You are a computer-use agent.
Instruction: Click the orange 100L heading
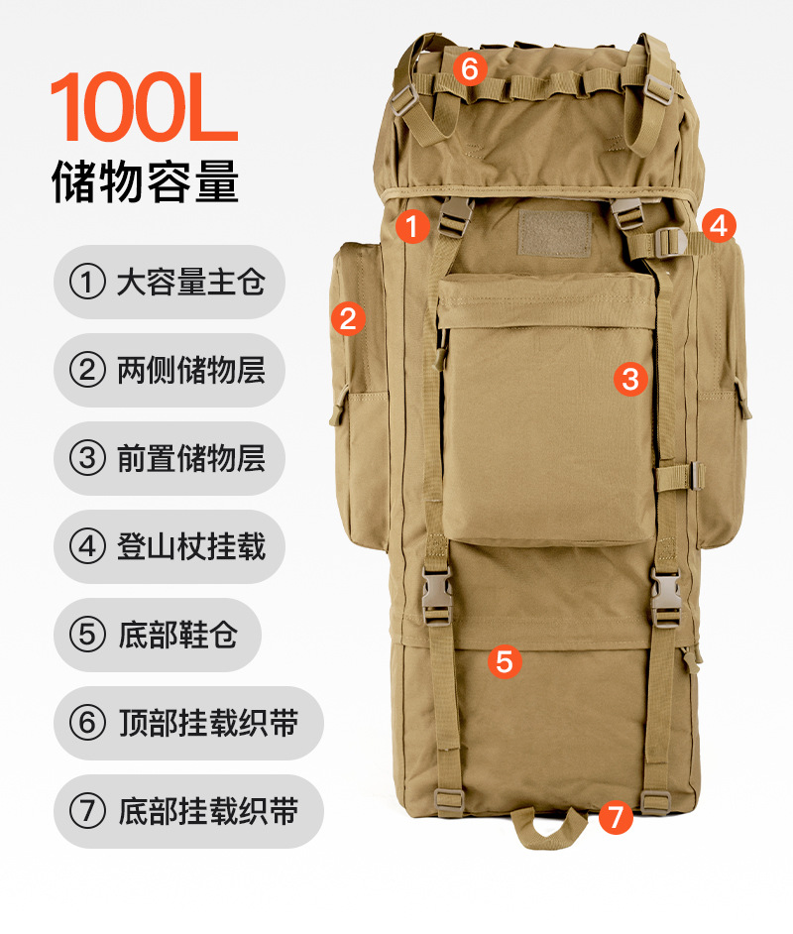(144, 107)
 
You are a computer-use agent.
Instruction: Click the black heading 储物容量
(146, 181)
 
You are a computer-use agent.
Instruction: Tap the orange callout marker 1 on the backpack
(412, 226)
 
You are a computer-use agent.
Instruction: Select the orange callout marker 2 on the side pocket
(348, 317)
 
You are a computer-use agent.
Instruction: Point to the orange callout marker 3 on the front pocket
(630, 379)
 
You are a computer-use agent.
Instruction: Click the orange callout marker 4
(719, 226)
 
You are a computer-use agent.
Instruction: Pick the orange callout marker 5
(505, 661)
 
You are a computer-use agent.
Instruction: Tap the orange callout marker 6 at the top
(470, 68)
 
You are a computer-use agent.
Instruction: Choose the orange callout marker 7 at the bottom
(615, 816)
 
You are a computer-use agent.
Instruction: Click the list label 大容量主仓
(191, 282)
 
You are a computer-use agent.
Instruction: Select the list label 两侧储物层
(191, 370)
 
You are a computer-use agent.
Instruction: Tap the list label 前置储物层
(191, 458)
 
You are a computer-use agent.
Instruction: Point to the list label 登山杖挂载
(191, 546)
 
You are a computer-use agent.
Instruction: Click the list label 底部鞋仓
(178, 635)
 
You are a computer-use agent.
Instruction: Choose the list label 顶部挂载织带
(208, 723)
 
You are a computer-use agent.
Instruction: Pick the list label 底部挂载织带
(208, 811)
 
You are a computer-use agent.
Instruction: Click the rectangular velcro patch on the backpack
(554, 233)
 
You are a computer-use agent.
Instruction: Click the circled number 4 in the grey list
(87, 546)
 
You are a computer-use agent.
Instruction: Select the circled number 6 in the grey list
(87, 723)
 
